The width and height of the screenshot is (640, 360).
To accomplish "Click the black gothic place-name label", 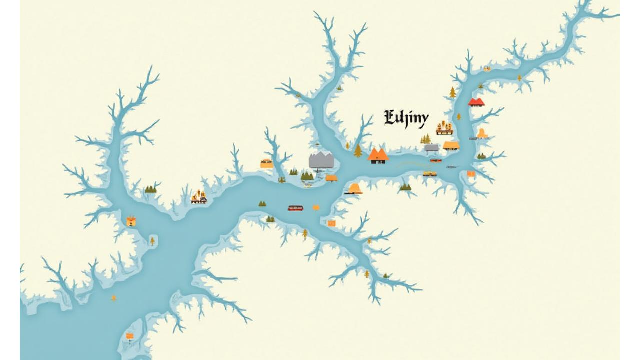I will point(406,119).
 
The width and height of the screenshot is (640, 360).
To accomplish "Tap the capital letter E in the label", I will point(390,118).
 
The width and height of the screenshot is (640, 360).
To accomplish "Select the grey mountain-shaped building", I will point(321,160).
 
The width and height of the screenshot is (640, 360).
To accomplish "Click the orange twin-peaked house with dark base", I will point(378,155).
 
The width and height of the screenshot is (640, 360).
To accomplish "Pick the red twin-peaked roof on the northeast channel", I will point(476,102).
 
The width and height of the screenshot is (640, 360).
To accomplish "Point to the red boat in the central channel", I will point(295,208).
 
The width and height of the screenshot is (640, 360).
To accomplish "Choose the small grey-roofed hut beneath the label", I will point(431,148).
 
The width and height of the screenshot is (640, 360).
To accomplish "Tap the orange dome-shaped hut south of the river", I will point(355,189).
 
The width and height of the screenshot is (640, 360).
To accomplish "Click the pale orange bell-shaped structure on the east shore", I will point(482,133).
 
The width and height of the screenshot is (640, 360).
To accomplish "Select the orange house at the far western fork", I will point(131,221).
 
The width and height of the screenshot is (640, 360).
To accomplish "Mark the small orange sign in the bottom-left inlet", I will point(130,336).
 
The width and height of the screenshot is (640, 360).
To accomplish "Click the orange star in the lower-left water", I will point(114,298).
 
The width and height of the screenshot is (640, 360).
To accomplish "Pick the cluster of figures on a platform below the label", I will point(444,128).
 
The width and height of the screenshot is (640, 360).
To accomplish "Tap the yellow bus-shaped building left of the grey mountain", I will point(266,163).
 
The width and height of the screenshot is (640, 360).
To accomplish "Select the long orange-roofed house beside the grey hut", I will point(451,146).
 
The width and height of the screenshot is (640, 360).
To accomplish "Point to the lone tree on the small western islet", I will point(152,241).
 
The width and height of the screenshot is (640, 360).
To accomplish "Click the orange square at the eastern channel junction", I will point(471,174).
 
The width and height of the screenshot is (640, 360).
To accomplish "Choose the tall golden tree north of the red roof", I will point(453,92).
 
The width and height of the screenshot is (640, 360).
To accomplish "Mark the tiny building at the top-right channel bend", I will point(487,69).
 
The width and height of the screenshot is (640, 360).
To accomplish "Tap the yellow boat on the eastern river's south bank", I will point(429,174).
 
